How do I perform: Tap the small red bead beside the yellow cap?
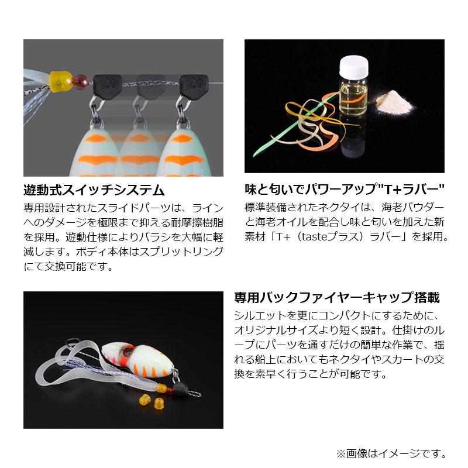tap(82, 81)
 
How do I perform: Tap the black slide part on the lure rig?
tap(181, 388)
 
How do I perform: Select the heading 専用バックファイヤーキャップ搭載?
tap(336, 297)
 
